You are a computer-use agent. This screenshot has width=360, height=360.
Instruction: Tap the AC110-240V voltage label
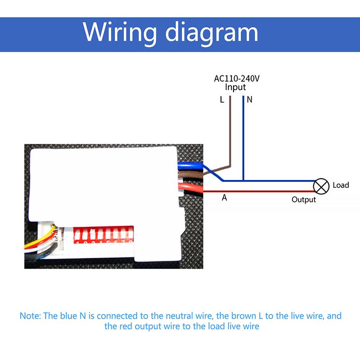tap(237, 78)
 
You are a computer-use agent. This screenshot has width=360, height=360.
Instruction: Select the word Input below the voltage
tap(235, 87)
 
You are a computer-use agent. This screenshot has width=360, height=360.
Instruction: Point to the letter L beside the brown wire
tap(222, 100)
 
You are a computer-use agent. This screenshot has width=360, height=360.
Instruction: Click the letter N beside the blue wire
tap(250, 100)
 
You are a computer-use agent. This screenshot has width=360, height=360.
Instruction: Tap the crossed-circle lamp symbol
tap(321, 185)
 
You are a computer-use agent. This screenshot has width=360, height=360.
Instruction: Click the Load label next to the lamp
tap(341, 185)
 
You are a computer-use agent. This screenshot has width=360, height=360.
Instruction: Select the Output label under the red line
tap(304, 199)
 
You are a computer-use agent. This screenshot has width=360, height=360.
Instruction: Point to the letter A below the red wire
tap(224, 198)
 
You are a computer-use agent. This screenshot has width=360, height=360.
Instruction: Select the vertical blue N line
tap(243, 135)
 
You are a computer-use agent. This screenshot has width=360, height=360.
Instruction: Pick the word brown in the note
tap(244, 315)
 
